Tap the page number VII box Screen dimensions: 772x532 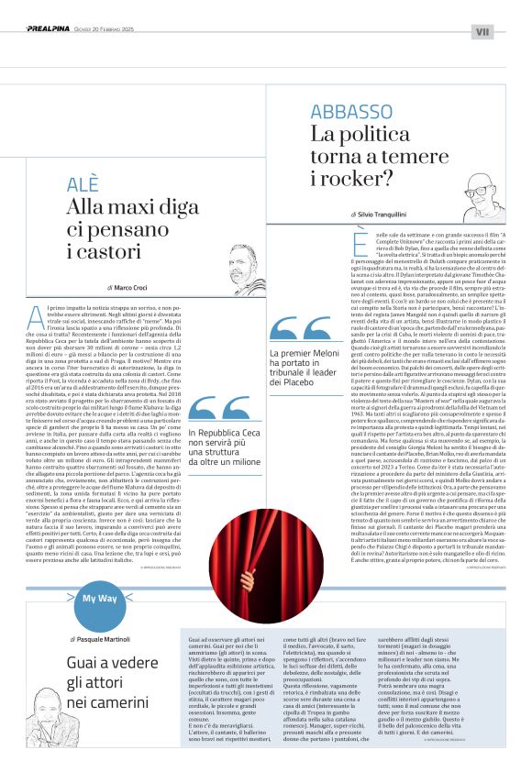pos(482,31)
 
